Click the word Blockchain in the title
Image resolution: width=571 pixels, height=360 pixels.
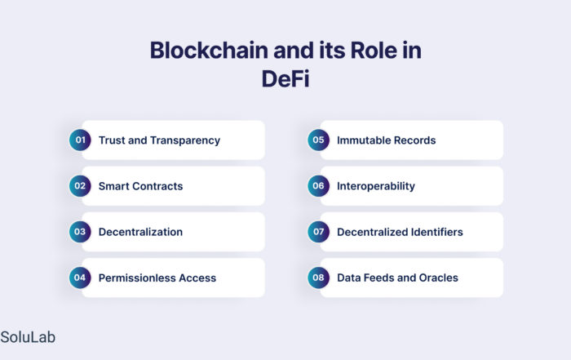click(x=209, y=50)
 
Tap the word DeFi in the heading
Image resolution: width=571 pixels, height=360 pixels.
click(x=285, y=78)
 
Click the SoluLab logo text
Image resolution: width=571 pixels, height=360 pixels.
click(x=28, y=337)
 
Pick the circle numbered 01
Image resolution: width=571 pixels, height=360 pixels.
click(x=80, y=140)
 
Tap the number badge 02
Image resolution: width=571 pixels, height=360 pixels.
click(x=80, y=186)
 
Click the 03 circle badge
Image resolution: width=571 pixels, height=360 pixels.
click(x=80, y=232)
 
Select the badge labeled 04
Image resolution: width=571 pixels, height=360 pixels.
click(x=80, y=278)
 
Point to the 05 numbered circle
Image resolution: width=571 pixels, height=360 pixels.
click(x=318, y=140)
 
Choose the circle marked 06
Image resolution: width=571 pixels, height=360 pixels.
click(x=318, y=186)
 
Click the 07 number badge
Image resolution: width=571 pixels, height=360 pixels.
click(x=318, y=232)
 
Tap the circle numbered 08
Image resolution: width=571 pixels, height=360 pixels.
click(x=318, y=278)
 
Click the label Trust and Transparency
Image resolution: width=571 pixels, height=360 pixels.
click(x=159, y=140)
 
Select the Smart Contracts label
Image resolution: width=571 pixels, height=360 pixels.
click(x=140, y=186)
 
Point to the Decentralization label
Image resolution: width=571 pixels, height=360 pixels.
click(x=140, y=232)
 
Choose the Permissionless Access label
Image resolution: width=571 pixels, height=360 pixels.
click(x=157, y=278)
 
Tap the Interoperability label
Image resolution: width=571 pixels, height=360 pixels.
click(x=376, y=187)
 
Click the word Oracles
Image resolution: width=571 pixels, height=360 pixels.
click(x=439, y=278)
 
